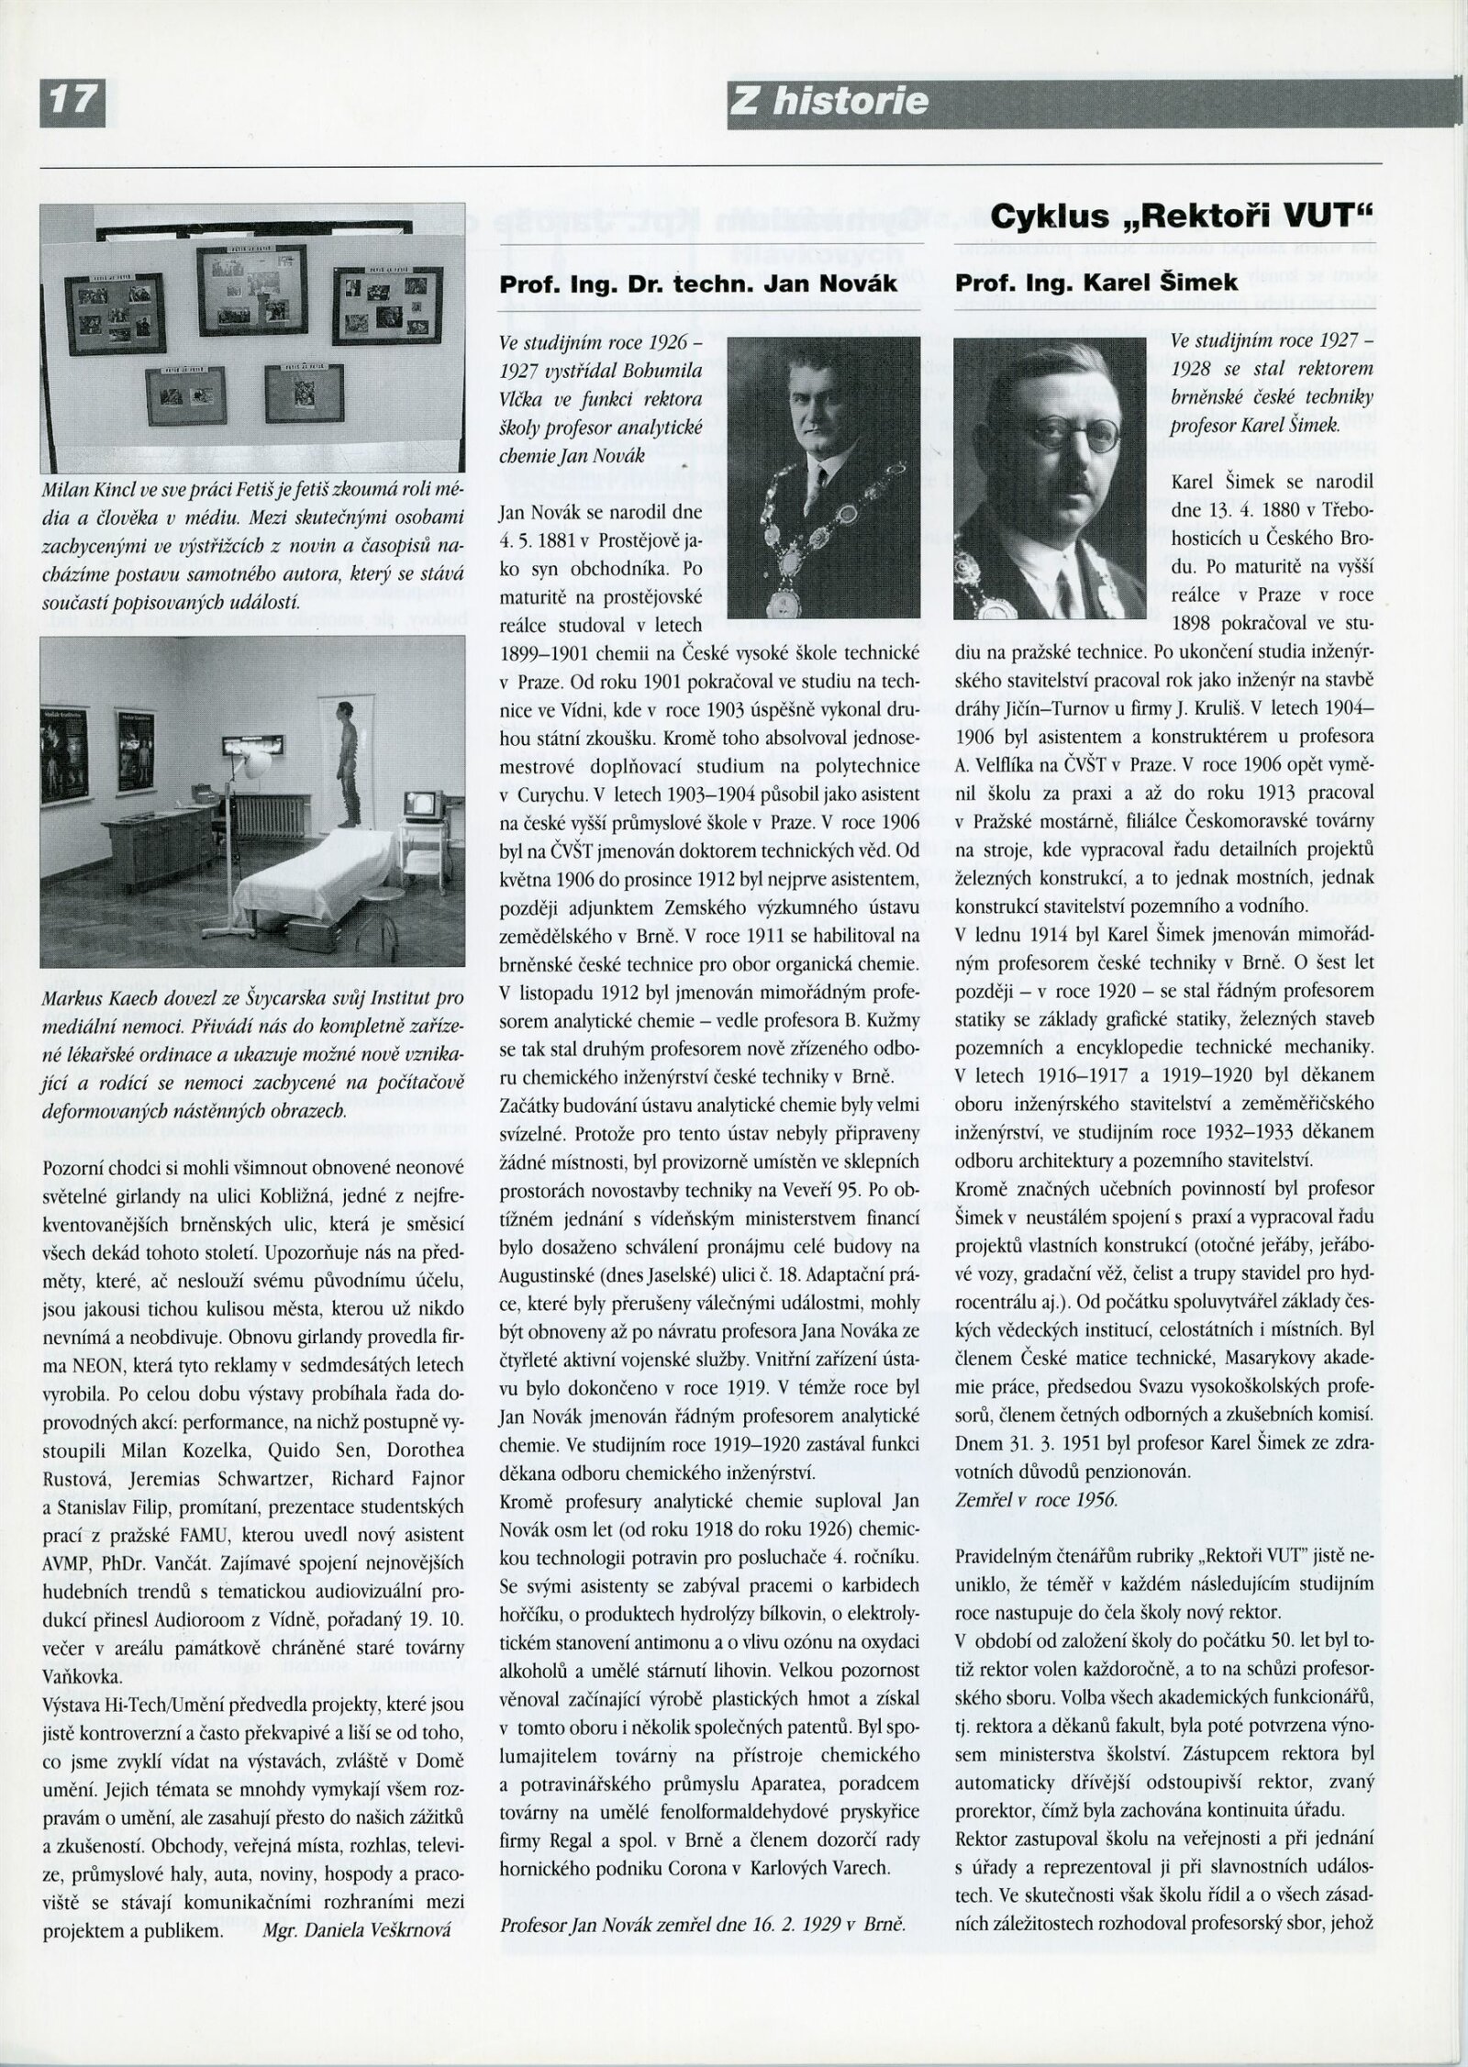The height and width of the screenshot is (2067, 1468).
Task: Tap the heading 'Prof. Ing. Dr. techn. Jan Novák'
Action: tap(698, 283)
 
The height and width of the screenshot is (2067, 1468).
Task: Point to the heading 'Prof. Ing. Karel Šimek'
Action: tap(1096, 283)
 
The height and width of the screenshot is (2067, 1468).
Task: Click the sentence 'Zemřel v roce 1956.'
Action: tap(1036, 1499)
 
